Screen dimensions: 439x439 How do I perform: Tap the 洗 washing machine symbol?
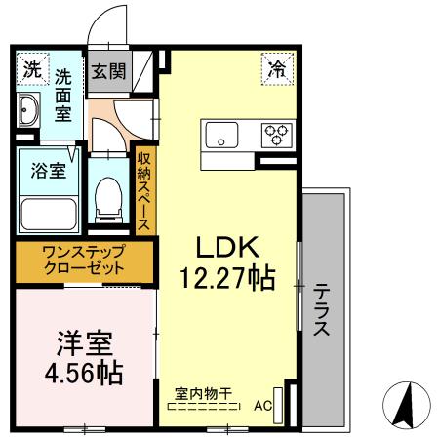click(32, 70)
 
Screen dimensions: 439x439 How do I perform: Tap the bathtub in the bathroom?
click(49, 212)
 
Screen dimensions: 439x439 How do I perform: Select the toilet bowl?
click(110, 199)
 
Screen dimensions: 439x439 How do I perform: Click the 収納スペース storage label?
click(143, 191)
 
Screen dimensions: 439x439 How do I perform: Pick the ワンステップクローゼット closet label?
click(83, 260)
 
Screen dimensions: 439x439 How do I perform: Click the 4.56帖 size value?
click(83, 373)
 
